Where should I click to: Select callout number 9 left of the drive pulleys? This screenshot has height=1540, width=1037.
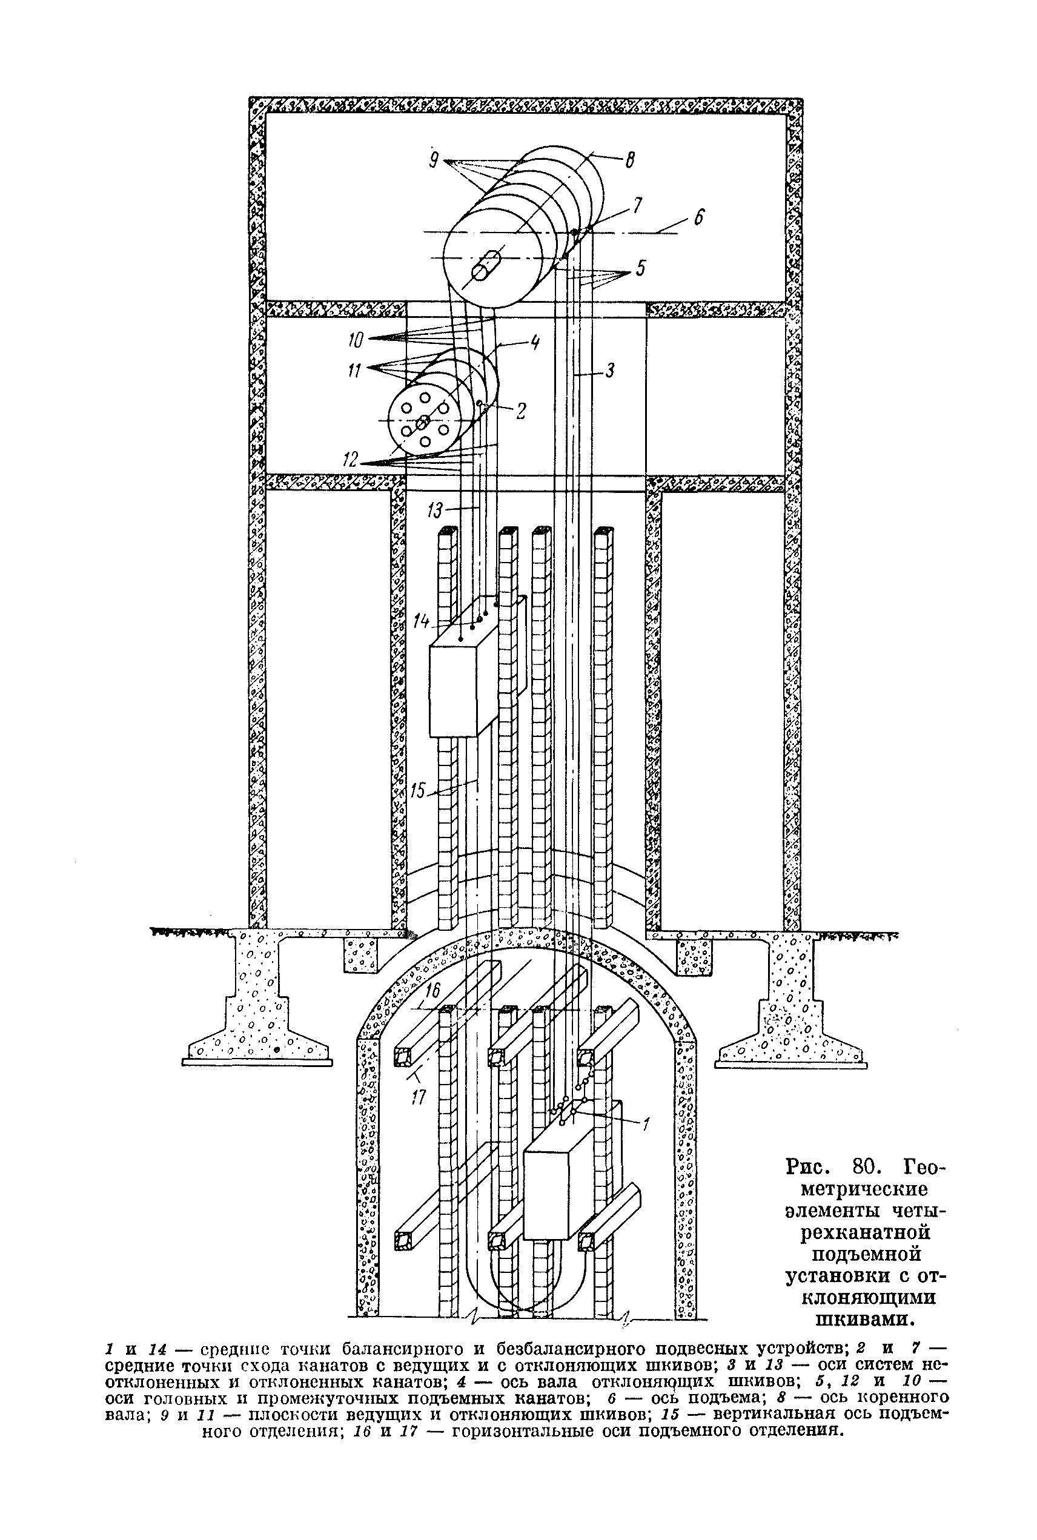tap(434, 160)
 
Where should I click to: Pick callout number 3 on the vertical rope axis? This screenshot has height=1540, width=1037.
tap(610, 371)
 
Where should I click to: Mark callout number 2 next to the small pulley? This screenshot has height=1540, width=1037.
tap(520, 411)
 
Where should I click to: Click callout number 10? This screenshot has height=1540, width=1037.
tap(356, 340)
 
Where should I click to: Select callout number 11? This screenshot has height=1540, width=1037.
tap(355, 371)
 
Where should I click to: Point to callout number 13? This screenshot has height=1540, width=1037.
tap(434, 511)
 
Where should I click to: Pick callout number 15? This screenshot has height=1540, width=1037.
tap(418, 790)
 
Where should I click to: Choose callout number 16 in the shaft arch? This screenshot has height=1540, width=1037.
tap(432, 990)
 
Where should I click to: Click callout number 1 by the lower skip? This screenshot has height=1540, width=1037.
tap(646, 1123)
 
